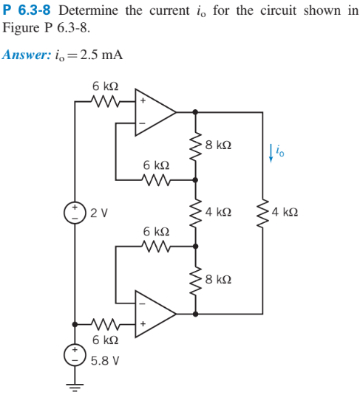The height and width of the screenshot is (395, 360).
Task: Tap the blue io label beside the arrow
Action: (279, 152)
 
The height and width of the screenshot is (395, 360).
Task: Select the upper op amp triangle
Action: (153, 112)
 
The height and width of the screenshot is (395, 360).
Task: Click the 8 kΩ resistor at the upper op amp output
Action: (196, 145)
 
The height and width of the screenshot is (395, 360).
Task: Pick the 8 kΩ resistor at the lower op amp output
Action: (196, 280)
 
